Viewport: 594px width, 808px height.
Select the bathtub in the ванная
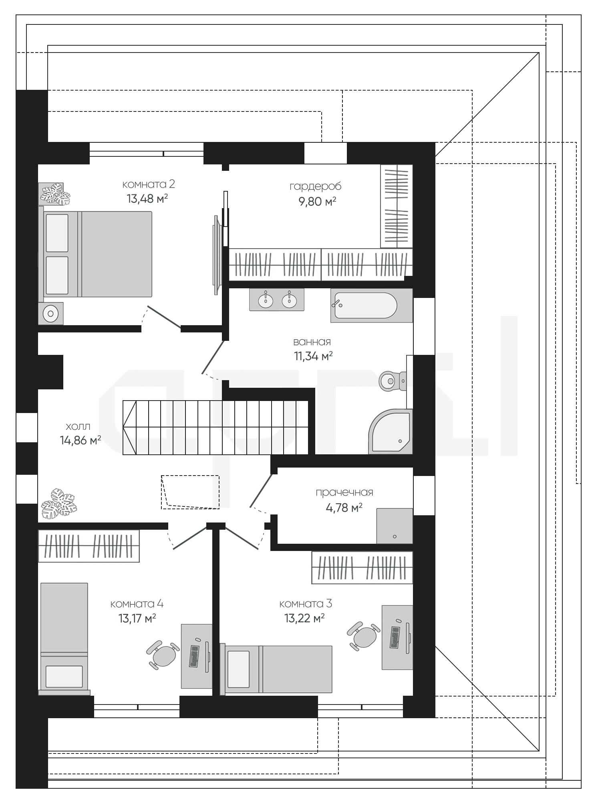tap(371, 306)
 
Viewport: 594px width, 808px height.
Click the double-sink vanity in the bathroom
tap(277, 300)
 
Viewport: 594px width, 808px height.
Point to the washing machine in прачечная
tap(395, 526)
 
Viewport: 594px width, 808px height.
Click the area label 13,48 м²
tap(147, 198)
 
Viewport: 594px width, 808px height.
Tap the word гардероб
tap(316, 186)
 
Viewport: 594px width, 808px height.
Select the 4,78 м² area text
tap(344, 508)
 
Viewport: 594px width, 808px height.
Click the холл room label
tap(78, 426)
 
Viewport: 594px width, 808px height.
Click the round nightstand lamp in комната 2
tap(50, 313)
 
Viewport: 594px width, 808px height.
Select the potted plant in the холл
tap(59, 504)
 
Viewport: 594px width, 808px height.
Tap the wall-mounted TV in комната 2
tap(217, 251)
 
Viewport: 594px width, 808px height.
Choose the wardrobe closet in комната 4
tap(89, 546)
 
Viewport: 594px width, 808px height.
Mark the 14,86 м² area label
tap(80, 440)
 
